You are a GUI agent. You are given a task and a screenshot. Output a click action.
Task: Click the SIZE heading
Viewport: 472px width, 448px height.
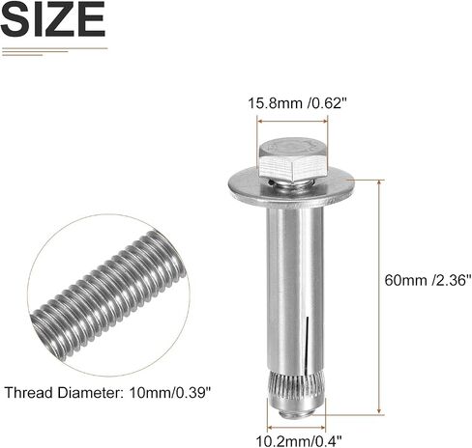53,20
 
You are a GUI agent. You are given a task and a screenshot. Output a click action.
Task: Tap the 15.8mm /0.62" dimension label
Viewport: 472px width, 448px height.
297,103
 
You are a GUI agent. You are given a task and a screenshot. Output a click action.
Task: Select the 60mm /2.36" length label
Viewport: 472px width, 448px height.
428,280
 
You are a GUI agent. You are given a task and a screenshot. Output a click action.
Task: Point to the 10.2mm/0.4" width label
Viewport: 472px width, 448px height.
298,440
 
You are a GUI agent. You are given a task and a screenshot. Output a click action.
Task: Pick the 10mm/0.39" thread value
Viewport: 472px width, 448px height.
170,393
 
